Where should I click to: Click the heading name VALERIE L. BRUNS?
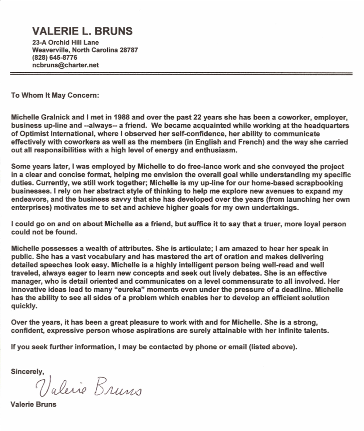82,31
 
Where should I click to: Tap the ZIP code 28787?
129,50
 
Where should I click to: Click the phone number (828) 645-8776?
55,57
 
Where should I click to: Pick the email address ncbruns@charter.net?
66,65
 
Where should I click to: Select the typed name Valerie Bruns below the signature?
34,404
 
